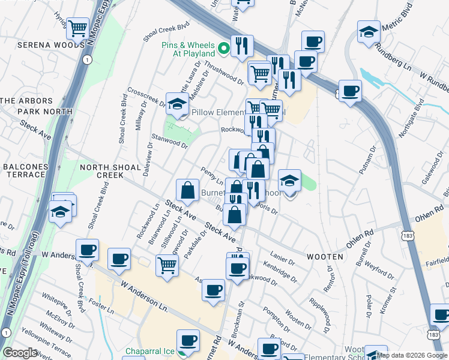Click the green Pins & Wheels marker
coord(224,48)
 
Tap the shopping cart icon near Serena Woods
coord(79,28)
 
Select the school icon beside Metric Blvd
coord(369,31)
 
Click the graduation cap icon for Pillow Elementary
coord(177,104)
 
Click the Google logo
coord(20,353)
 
